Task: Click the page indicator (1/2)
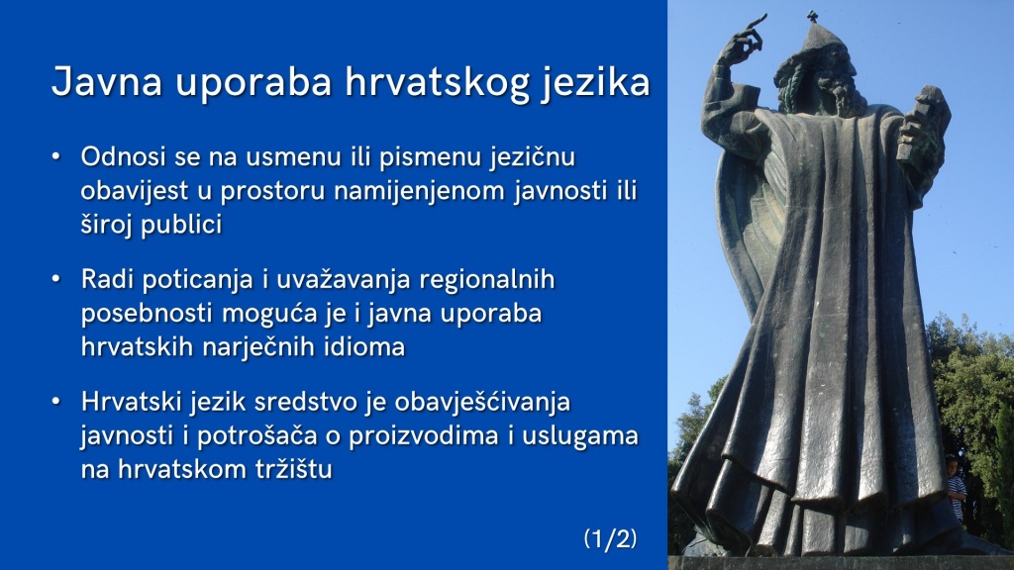[x=610, y=538]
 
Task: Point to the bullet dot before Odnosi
[x=56, y=156]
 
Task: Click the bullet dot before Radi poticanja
[x=56, y=279]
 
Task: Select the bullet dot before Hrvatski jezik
[x=56, y=402]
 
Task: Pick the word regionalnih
[x=487, y=280]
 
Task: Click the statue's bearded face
[x=830, y=81]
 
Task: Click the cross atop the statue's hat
[x=812, y=17]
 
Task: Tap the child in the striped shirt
[x=955, y=487]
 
